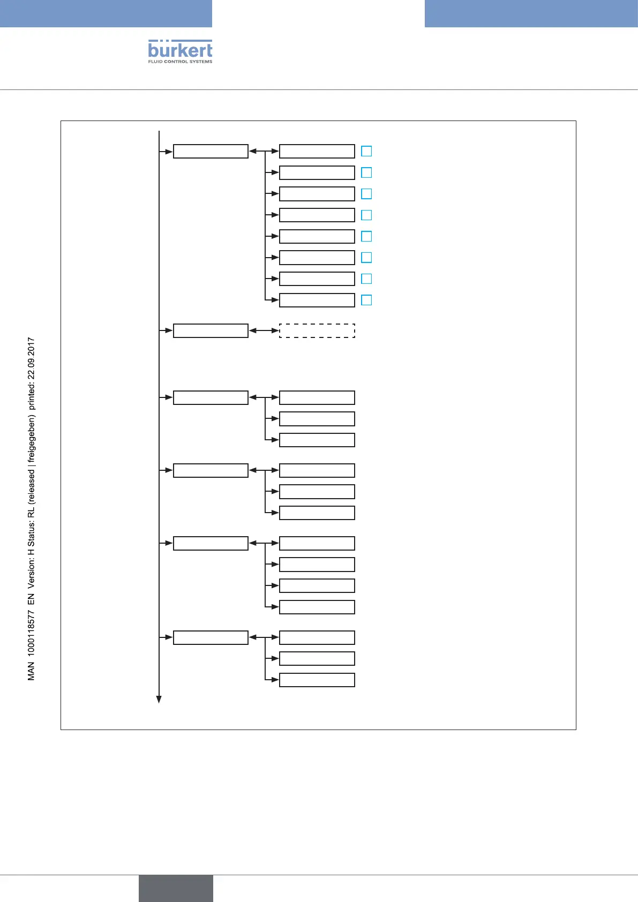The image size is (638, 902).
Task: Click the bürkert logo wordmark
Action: pyautogui.click(x=180, y=50)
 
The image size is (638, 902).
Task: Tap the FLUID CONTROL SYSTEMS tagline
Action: pyautogui.click(x=180, y=62)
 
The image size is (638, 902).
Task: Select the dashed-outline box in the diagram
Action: pyautogui.click(x=317, y=330)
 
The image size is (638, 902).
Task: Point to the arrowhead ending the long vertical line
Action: pyautogui.click(x=159, y=699)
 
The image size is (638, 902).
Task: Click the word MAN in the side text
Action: pyautogui.click(x=31, y=671)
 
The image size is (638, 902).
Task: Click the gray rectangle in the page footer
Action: pyautogui.click(x=176, y=888)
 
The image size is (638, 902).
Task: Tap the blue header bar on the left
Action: pyautogui.click(x=106, y=13)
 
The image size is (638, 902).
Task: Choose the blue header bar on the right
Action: pyautogui.click(x=531, y=13)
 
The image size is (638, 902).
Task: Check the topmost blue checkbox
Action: pyautogui.click(x=366, y=151)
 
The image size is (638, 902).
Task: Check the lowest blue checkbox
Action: pyautogui.click(x=366, y=300)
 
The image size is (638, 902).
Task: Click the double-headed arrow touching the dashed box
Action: pyautogui.click(x=264, y=330)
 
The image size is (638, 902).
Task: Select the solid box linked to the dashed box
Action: pyautogui.click(x=211, y=330)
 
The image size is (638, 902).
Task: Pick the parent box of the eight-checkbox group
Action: pyautogui.click(x=211, y=151)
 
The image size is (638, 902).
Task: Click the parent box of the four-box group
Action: pyautogui.click(x=211, y=543)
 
